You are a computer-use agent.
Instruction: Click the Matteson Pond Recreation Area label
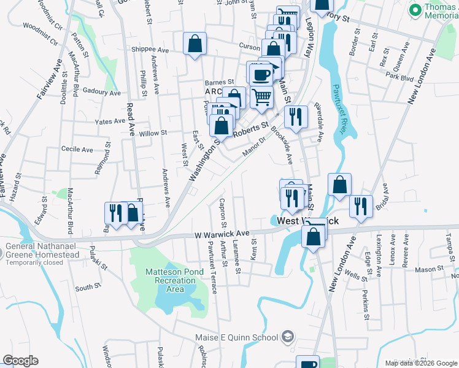tap(166, 280)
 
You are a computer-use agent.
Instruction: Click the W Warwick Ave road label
tap(222, 234)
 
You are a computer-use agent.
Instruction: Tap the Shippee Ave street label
tap(150, 50)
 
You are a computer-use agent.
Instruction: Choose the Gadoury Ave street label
tap(101, 91)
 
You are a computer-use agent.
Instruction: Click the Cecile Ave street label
tap(77, 149)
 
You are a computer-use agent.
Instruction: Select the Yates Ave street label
tap(110, 121)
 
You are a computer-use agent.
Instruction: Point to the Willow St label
tap(153, 133)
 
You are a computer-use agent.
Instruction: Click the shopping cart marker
tap(261, 97)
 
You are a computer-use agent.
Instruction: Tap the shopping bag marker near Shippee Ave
tap(195, 44)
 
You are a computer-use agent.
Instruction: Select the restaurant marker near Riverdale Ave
tap(296, 117)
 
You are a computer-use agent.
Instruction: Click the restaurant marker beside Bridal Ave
tap(360, 205)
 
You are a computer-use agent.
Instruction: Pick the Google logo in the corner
tap(20, 361)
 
